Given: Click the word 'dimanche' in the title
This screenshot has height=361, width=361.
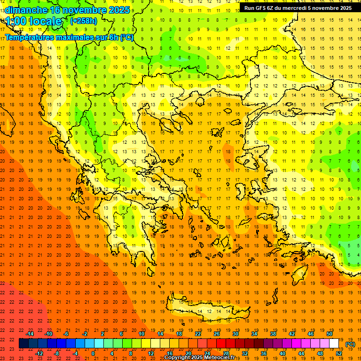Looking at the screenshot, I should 26,10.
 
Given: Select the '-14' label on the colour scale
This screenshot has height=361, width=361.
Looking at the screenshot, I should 30,334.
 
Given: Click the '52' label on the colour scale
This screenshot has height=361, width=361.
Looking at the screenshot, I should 338,353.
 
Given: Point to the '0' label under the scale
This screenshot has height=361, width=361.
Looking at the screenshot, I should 93,353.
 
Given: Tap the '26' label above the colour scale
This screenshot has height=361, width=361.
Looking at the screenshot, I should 217,334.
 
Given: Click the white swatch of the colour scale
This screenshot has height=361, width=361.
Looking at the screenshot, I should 334,344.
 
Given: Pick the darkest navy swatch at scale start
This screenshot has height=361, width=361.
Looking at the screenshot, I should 24,344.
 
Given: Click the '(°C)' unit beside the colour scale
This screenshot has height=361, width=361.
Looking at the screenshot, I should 350,344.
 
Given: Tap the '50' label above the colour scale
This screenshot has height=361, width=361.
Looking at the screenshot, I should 330,334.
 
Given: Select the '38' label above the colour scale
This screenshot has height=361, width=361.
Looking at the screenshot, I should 273,334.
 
